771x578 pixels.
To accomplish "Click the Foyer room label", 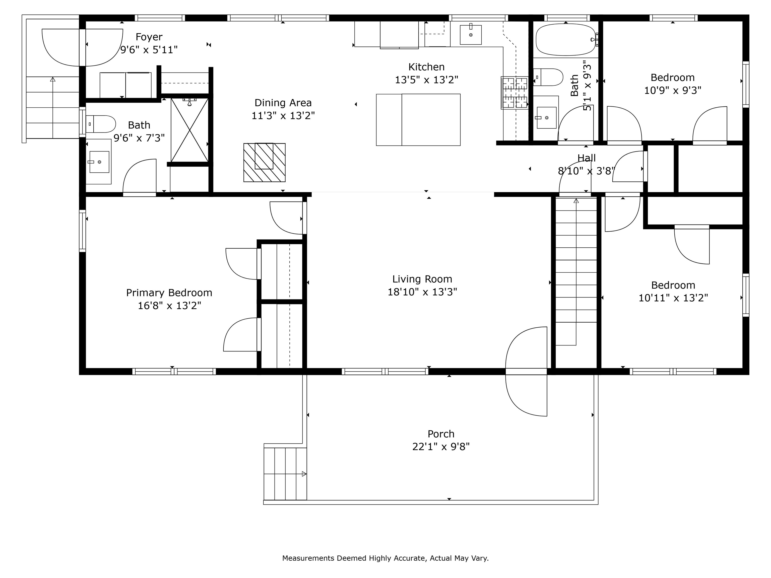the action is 149,37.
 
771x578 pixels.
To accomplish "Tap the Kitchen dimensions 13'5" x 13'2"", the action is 426,80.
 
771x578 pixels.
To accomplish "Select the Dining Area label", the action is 283,103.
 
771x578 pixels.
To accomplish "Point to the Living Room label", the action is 422,279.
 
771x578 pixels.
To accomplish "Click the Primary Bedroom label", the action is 169,293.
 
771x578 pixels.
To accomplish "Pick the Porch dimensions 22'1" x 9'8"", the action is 441,447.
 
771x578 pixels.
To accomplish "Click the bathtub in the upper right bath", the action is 566,39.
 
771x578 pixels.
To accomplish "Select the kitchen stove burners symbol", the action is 515,93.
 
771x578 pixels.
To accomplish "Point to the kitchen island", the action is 418,119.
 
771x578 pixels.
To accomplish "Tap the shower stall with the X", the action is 190,130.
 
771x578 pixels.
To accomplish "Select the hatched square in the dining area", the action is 264,162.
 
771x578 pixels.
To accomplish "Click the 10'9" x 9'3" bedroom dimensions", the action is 672,91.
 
